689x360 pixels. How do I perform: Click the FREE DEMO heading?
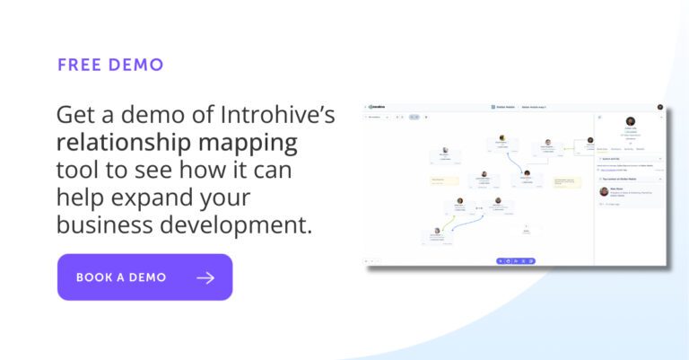click(x=110, y=66)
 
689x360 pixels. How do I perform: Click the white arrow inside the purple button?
click(x=205, y=277)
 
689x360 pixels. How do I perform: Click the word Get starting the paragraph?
click(x=74, y=115)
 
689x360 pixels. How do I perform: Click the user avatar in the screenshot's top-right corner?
click(x=660, y=107)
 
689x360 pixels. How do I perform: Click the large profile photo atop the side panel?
click(x=631, y=122)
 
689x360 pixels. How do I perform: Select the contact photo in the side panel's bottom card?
click(x=605, y=191)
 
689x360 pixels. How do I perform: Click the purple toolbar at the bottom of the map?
click(x=516, y=260)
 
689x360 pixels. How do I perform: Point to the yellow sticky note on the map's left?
click(x=444, y=180)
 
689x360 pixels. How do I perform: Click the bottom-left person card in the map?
click(x=435, y=235)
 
